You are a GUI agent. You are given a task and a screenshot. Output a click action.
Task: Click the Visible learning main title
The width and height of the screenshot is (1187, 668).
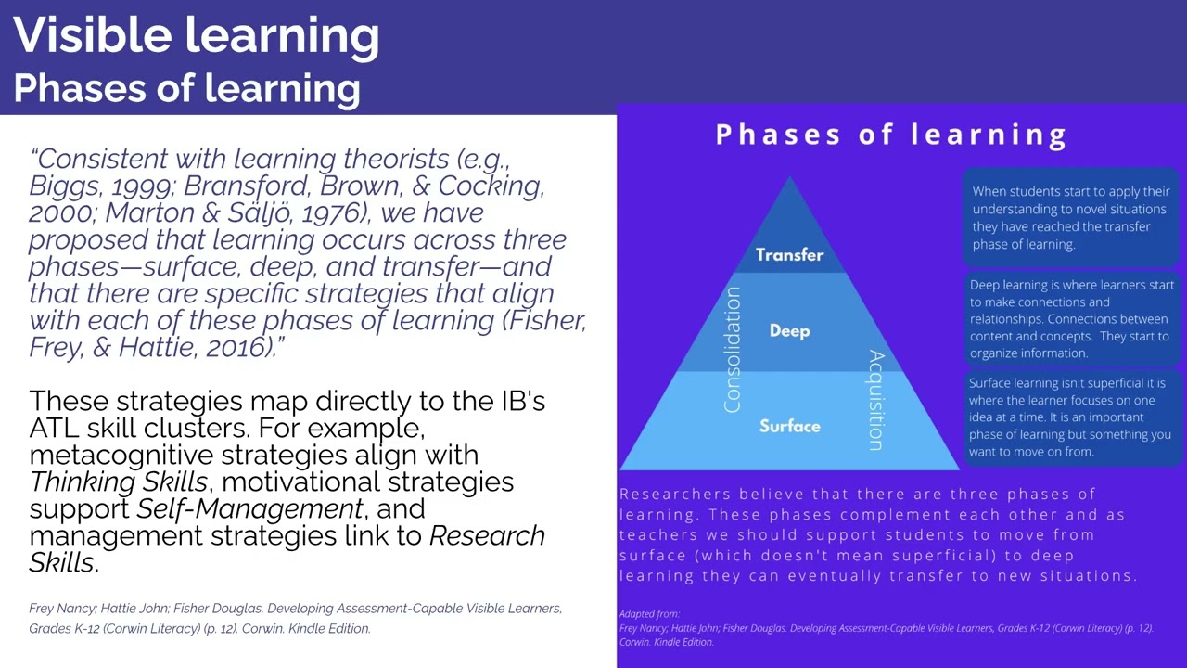pos(197,35)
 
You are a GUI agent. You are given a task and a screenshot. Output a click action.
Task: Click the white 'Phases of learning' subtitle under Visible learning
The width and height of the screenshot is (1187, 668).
pos(187,88)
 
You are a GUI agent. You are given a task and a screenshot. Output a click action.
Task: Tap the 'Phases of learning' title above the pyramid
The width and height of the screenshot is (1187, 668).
pos(891,135)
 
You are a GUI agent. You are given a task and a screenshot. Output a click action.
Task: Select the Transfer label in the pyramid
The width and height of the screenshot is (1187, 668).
pos(789,255)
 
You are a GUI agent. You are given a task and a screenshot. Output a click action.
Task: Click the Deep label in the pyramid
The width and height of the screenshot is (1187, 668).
pos(789,331)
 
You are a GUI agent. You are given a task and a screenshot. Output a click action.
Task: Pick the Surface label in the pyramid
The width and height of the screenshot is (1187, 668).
pos(789,427)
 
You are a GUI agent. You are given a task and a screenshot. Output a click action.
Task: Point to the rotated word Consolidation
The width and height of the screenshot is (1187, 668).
pos(733,350)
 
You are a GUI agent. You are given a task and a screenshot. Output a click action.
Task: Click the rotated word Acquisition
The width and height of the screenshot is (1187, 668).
pos(875,401)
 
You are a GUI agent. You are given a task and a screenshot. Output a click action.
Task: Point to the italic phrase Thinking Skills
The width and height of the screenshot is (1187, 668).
pos(118,482)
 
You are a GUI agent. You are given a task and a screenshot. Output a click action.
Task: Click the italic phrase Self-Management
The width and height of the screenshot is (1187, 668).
pos(249,509)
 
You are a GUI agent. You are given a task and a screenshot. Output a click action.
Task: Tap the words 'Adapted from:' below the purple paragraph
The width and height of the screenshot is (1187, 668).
pos(649,614)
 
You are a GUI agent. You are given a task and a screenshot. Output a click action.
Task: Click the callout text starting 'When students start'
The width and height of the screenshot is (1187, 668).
pos(1071,217)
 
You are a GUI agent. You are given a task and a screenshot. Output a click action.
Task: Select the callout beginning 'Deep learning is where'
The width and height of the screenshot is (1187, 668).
pos(1071,318)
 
